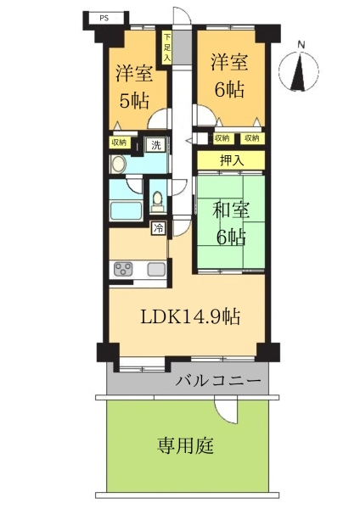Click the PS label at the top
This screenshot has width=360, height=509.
click(x=104, y=18)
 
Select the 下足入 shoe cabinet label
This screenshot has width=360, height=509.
click(x=166, y=48)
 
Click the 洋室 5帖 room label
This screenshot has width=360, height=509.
click(x=134, y=87)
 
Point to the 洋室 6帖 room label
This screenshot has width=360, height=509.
click(x=229, y=76)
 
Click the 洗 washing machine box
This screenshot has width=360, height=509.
click(x=156, y=145)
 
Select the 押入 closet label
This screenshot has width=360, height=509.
click(x=231, y=160)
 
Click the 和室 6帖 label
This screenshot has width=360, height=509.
click(x=231, y=223)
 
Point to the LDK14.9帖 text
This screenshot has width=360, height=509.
click(x=190, y=316)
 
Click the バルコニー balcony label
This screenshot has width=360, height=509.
click(x=218, y=380)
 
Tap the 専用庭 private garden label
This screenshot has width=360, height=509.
click(x=186, y=445)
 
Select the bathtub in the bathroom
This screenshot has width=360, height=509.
click(x=126, y=210)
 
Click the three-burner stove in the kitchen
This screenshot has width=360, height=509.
click(x=123, y=269)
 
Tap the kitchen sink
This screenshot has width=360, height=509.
click(x=156, y=269)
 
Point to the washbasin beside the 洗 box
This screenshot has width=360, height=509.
click(x=118, y=165)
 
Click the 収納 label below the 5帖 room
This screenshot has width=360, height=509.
click(x=120, y=143)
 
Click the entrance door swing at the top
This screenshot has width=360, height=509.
click(x=182, y=15)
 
